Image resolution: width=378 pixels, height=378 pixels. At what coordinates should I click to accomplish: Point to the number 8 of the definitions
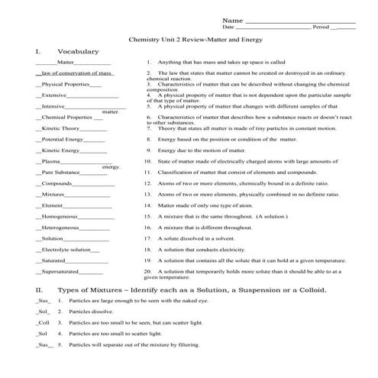(x=147, y=141)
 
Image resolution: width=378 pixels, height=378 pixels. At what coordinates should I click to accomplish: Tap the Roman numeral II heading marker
(x=39, y=290)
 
